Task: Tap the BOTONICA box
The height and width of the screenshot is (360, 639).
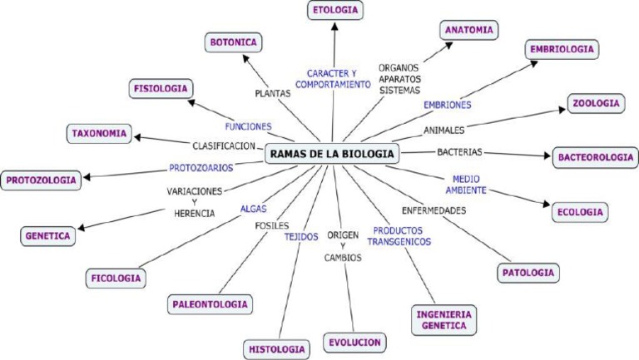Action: [234, 42]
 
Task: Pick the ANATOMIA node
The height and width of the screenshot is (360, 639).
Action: [469, 30]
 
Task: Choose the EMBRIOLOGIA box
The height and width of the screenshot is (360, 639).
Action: [562, 49]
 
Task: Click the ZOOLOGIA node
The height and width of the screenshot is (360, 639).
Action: [596, 104]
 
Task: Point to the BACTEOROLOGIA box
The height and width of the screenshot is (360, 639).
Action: [595, 156]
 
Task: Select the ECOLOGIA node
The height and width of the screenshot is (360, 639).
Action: [580, 212]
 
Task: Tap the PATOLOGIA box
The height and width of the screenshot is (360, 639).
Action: [529, 272]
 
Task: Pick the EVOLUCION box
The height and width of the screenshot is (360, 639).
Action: [354, 342]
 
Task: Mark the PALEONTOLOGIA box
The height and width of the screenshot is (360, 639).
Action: [210, 304]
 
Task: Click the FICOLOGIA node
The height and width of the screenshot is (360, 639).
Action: [115, 278]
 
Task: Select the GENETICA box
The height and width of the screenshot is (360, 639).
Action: [47, 236]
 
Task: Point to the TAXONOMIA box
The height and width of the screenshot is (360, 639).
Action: [99, 133]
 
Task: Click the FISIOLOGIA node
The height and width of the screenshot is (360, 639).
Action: [161, 88]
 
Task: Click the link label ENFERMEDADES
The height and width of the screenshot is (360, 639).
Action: [433, 210]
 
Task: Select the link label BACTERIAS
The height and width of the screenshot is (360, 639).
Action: [459, 152]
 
